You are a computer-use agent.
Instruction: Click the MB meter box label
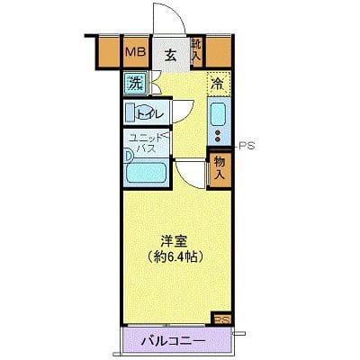136,52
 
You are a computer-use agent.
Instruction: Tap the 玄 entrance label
171,52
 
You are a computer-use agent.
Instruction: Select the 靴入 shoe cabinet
200,50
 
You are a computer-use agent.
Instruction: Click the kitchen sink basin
218,114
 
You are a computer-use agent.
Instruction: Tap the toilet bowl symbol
135,112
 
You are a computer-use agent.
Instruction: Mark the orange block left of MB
107,52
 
